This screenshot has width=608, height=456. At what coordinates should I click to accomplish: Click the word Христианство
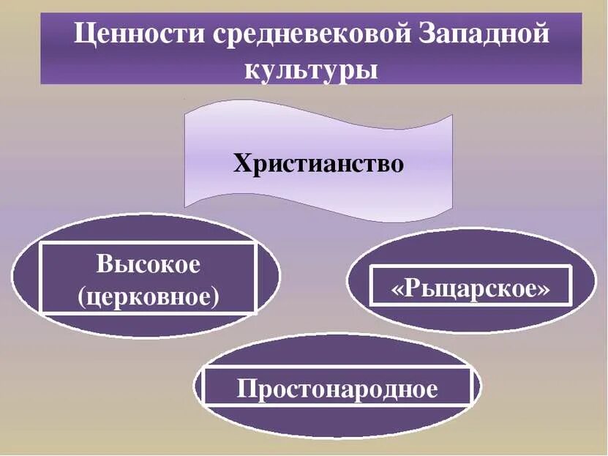click(318, 162)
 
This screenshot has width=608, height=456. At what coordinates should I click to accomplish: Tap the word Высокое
click(148, 264)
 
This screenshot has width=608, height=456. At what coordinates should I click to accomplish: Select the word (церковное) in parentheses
click(148, 296)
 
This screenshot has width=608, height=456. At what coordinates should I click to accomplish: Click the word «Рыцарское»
click(470, 288)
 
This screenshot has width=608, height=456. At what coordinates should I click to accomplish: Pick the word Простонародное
click(337, 388)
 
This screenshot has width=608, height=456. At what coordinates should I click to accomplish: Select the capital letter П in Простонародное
click(245, 388)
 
